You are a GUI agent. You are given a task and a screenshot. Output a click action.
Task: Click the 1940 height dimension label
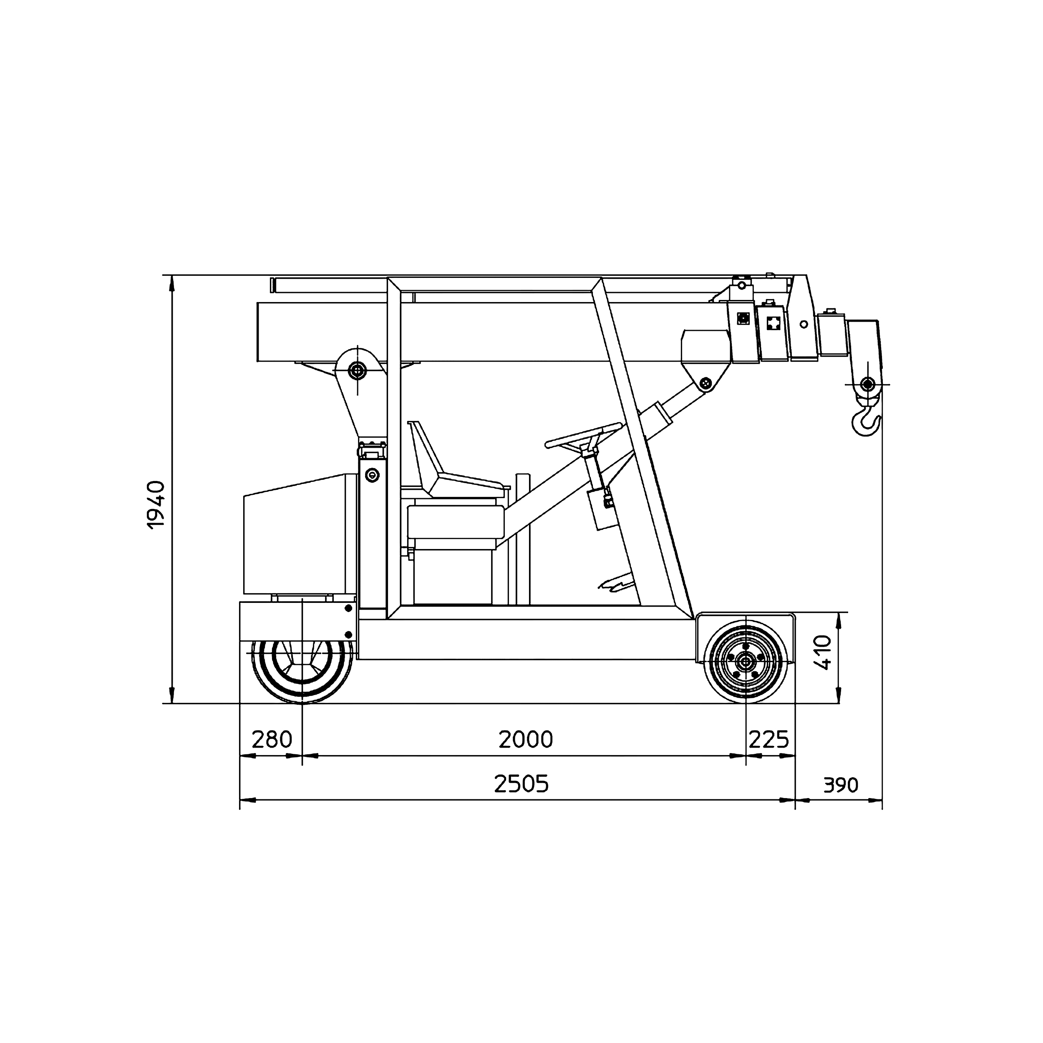(156, 505)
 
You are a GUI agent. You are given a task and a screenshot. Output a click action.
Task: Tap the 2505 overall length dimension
(521, 784)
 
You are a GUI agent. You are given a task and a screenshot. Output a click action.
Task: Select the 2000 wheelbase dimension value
(526, 740)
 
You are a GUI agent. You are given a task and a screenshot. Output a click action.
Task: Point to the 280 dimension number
(272, 740)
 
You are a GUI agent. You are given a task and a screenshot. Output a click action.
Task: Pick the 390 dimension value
(841, 785)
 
